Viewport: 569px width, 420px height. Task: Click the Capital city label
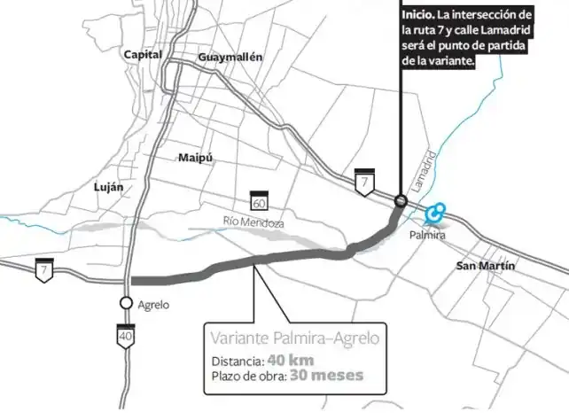click(x=143, y=55)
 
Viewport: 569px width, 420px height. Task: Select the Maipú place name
click(x=196, y=158)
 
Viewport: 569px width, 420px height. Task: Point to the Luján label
click(x=108, y=187)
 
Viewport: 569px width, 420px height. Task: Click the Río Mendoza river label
click(x=253, y=222)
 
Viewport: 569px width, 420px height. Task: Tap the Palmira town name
click(x=427, y=237)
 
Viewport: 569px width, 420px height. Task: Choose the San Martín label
click(x=485, y=266)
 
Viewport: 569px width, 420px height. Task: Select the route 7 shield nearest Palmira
click(x=363, y=180)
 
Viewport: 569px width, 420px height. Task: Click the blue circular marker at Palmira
click(x=434, y=214)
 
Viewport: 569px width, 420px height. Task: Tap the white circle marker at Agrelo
click(x=127, y=303)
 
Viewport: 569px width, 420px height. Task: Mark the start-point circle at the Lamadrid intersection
click(x=401, y=201)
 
